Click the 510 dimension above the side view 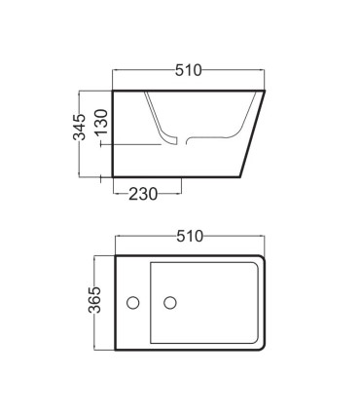(188, 70)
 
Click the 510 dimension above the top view (190, 237)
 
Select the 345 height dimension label (79, 128)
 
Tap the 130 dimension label (101, 122)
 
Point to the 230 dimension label (143, 194)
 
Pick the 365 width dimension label (94, 300)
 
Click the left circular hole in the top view (133, 303)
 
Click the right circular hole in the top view (170, 303)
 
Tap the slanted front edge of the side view (252, 133)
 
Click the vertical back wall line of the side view (113, 133)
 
